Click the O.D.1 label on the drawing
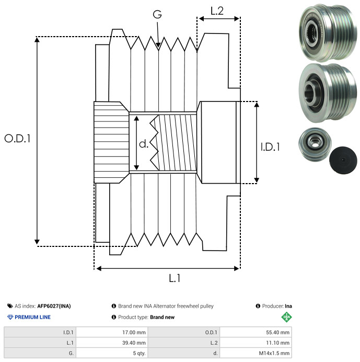pos(17,139)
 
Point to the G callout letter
pos(157,14)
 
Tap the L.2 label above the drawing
pos(217,11)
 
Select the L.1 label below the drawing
pos(175,278)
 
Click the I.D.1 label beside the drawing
pos(270,147)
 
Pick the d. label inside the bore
pos(144,144)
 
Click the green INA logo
pos(286,317)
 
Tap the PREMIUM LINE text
pos(32,317)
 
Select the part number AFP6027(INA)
pos(54,306)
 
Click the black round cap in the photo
pos(343,160)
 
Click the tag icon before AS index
pos(10,306)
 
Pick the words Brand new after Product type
pos(162,317)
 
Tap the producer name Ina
pos(288,306)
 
